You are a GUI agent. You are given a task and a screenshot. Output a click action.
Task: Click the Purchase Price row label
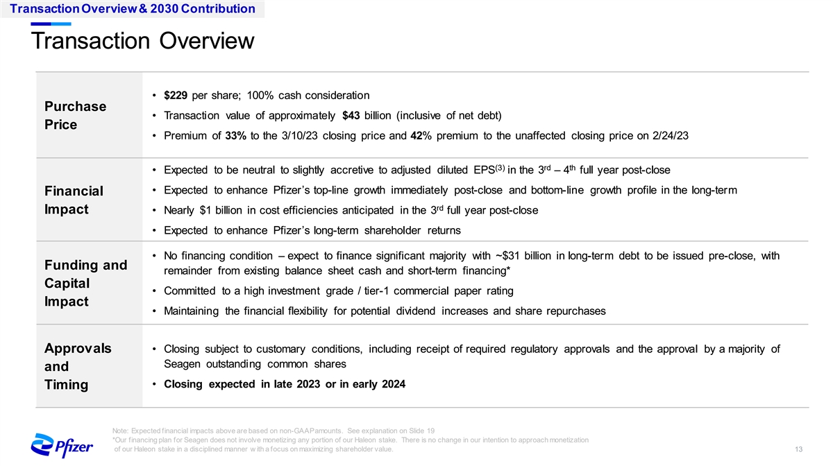click(x=75, y=116)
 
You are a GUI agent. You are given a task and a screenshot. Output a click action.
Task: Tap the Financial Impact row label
click(x=74, y=200)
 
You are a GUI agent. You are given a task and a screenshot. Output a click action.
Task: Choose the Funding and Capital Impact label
click(x=85, y=284)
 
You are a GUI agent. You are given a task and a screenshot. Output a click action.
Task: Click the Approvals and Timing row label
click(x=77, y=366)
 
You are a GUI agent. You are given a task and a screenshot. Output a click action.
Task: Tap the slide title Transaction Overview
click(x=142, y=42)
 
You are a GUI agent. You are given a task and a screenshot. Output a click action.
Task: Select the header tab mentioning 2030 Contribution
click(x=132, y=9)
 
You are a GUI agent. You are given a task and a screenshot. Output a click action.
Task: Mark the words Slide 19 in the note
click(x=420, y=430)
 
